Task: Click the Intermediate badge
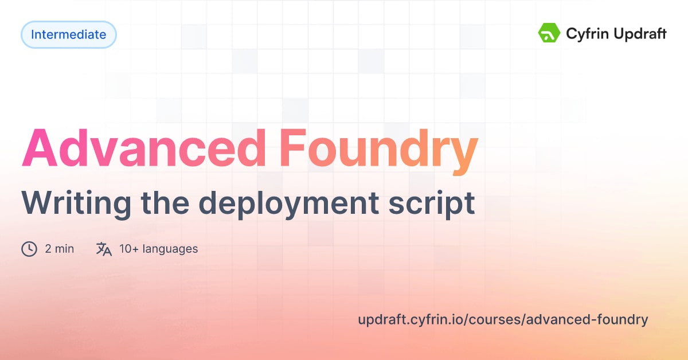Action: (x=69, y=34)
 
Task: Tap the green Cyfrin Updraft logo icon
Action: (x=549, y=33)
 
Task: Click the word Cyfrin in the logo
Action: (x=584, y=34)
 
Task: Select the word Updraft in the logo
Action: (x=637, y=34)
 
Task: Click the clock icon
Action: (x=29, y=249)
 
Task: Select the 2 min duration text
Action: (x=59, y=249)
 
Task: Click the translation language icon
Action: (x=104, y=249)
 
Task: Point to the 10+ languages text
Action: (x=159, y=249)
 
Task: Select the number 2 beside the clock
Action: (x=48, y=249)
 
